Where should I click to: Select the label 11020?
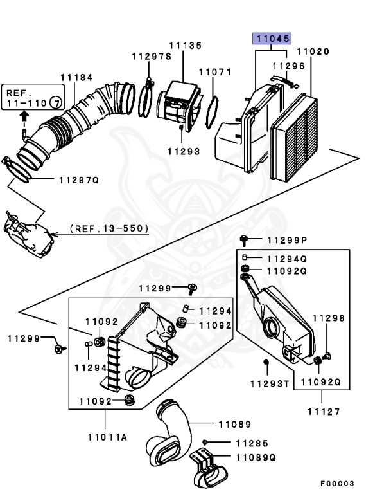pos(313,51)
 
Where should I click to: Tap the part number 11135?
pos(186,46)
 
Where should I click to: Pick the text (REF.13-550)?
pos(109,228)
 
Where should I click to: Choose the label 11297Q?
pos(78,180)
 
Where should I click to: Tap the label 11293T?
pos(269,384)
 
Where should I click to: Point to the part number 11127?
pos(323,412)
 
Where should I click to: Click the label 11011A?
pos(107,437)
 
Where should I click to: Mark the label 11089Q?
pos(255,457)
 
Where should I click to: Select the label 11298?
pos(329,318)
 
